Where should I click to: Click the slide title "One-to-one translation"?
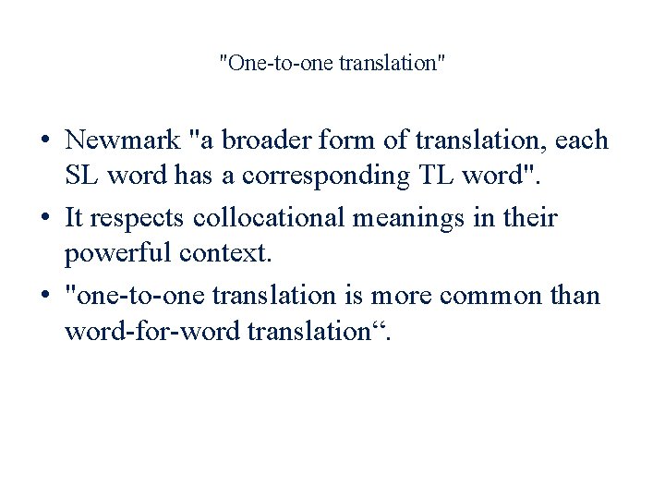click(x=332, y=64)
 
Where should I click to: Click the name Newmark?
click(x=121, y=141)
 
